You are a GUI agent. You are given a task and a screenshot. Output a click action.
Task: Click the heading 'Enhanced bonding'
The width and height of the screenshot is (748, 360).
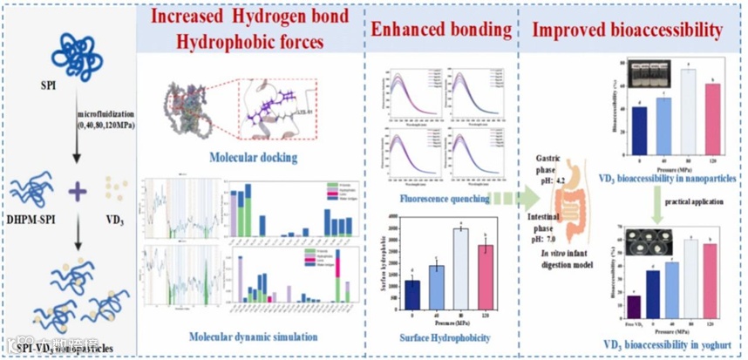point(441,30)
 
